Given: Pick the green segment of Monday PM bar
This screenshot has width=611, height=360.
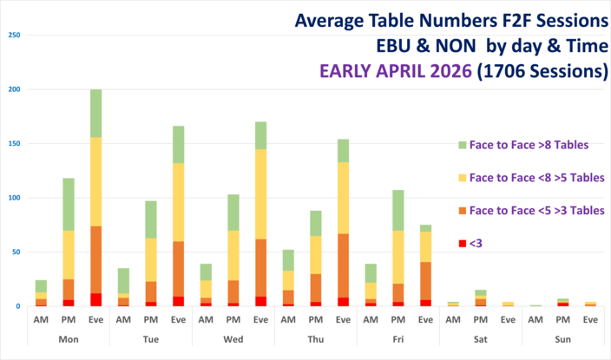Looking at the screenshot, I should click(x=68, y=206).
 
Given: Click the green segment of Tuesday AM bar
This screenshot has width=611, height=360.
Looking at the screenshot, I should click(x=123, y=280).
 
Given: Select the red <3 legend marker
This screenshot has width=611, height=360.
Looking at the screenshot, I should click(x=462, y=243).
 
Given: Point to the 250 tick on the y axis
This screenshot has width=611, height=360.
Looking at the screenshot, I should click(x=13, y=36).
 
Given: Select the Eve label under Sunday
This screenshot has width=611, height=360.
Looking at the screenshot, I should click(x=589, y=319).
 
